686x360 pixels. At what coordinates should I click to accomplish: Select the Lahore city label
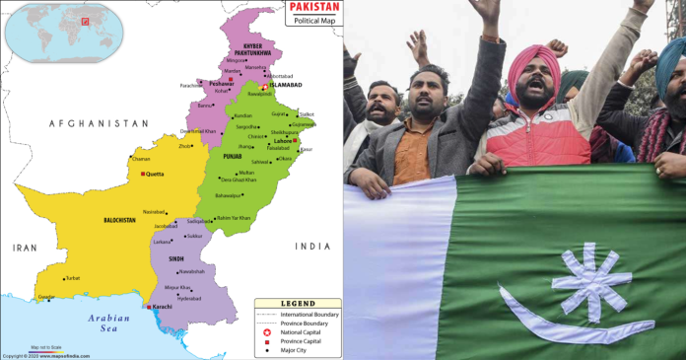point(281,141)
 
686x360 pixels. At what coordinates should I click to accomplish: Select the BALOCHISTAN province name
point(120,220)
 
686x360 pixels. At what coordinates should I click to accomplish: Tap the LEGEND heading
point(298,304)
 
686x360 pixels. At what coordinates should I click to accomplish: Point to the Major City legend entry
point(295,350)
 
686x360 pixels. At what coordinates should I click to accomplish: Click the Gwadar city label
point(46,296)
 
